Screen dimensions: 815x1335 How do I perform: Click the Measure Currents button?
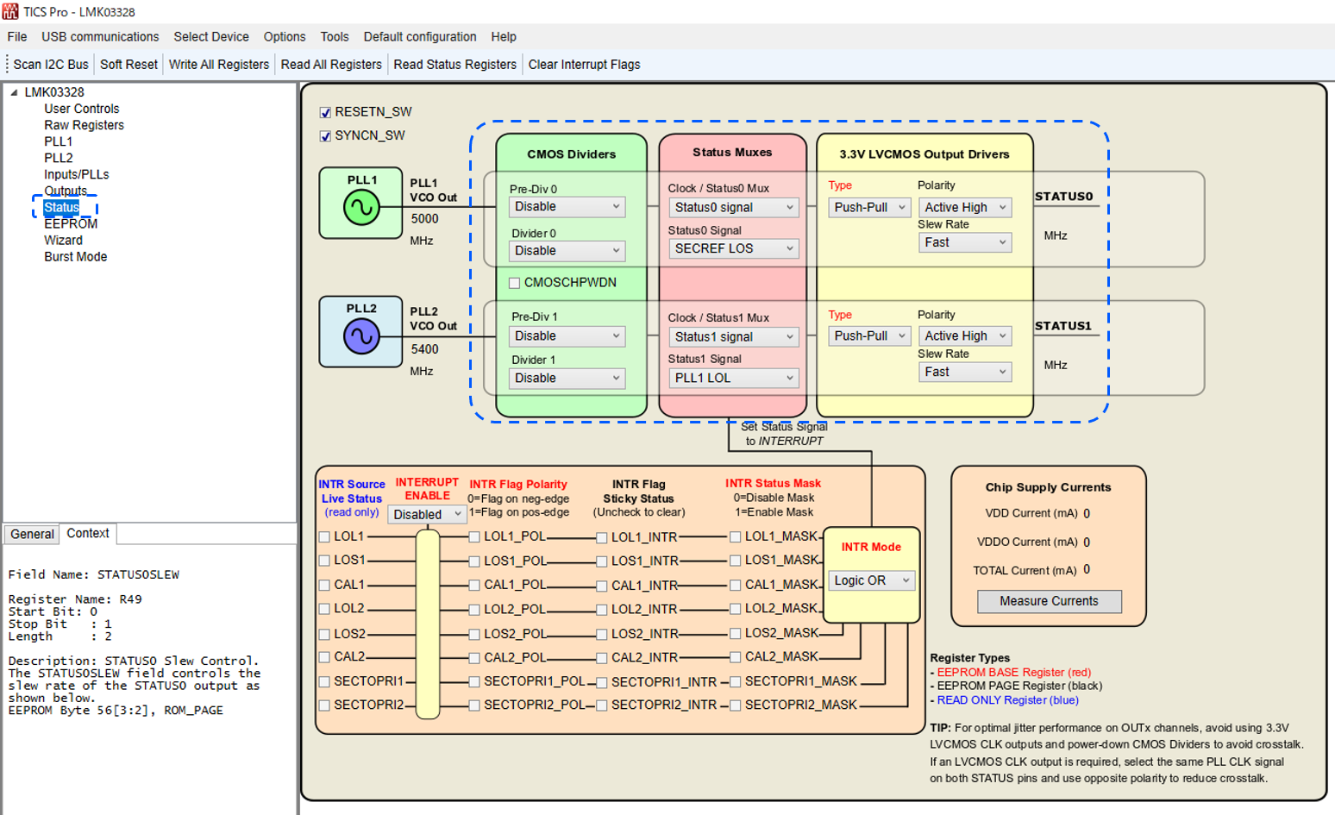1049,601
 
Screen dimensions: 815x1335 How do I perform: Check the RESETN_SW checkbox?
325,112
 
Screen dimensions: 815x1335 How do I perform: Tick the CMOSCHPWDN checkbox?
515,283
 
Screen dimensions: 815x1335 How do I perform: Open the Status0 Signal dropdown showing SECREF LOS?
733,248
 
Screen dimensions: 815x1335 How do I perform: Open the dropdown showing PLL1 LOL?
733,378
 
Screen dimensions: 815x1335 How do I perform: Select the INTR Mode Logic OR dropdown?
871,580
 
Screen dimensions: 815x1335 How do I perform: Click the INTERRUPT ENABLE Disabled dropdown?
428,515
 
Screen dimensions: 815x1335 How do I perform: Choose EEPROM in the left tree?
71,223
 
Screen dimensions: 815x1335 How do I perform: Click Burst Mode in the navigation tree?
76,256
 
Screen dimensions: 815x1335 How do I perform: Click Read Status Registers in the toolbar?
454,65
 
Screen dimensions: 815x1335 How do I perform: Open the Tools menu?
334,37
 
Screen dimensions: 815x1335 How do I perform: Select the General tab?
32,534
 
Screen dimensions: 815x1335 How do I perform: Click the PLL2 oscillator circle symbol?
361,336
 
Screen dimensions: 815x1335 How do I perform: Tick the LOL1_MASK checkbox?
735,536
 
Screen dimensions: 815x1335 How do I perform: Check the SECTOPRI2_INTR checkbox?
602,705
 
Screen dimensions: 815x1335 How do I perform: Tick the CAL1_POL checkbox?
474,585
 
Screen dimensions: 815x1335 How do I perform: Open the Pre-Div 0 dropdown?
566,207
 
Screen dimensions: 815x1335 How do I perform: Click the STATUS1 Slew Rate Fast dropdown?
964,372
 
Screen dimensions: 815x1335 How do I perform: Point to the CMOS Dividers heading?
571,154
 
